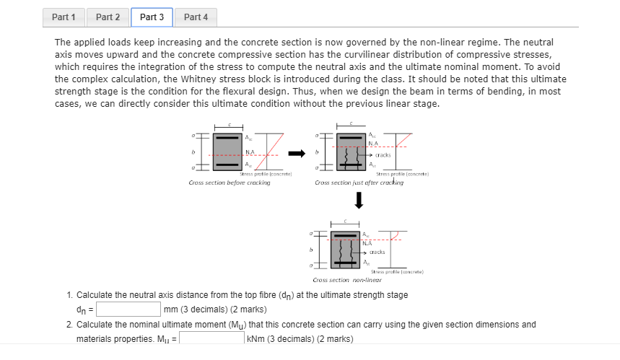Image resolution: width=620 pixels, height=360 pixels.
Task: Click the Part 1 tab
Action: click(x=64, y=17)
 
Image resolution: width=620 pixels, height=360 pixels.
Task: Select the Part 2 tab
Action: click(x=108, y=17)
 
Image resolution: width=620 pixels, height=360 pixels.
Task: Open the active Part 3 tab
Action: click(x=152, y=17)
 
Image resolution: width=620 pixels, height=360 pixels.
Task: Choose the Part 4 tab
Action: click(x=196, y=17)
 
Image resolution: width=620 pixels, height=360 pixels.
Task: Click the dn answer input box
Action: click(x=128, y=309)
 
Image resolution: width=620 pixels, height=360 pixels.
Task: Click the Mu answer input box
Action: click(x=212, y=338)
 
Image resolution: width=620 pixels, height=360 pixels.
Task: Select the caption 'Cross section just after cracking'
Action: click(x=359, y=183)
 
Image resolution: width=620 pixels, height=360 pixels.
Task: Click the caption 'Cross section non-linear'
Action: click(x=346, y=279)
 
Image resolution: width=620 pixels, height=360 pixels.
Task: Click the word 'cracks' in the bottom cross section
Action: click(x=377, y=252)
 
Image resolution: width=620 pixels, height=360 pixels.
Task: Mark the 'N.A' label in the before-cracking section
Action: click(x=250, y=152)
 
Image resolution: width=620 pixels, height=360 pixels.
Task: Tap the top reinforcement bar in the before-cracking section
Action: click(x=227, y=138)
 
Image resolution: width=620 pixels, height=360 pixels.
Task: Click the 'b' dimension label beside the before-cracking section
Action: click(x=192, y=152)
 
